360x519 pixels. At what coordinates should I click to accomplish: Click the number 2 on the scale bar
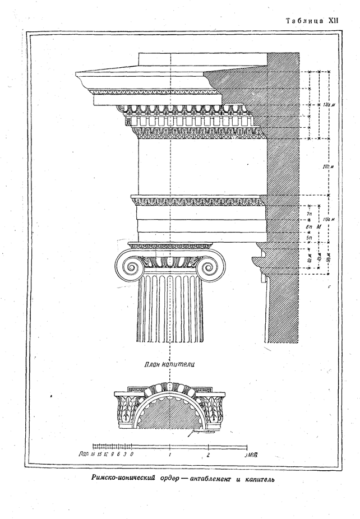[x=209, y=455]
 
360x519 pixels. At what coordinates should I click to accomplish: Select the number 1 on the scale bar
[x=169, y=455]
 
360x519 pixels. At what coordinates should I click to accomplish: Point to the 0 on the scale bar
[x=131, y=455]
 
